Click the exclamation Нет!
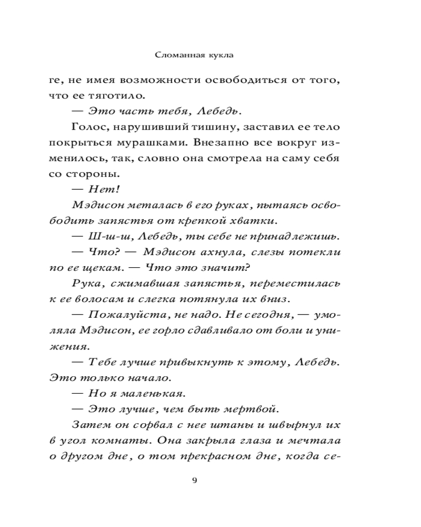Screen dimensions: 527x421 [x=95, y=189]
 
